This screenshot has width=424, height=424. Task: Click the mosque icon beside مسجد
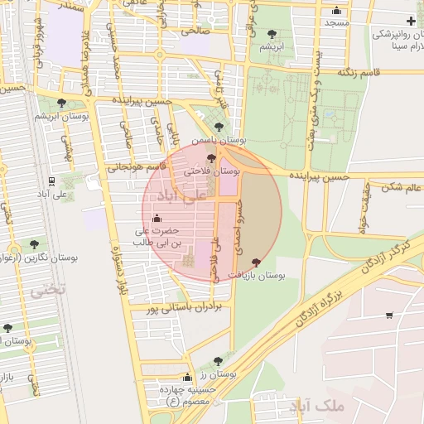(336, 11)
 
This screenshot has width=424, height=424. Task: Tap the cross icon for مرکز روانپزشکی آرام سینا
(412, 20)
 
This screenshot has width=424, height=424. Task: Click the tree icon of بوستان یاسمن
(218, 127)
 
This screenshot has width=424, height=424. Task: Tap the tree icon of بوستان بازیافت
(255, 262)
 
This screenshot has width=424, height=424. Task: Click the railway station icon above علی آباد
(52, 181)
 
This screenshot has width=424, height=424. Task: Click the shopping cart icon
(389, 315)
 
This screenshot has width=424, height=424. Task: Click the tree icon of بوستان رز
(218, 361)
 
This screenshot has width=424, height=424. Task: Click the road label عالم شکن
(402, 187)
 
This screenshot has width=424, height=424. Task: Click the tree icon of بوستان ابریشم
(62, 103)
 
